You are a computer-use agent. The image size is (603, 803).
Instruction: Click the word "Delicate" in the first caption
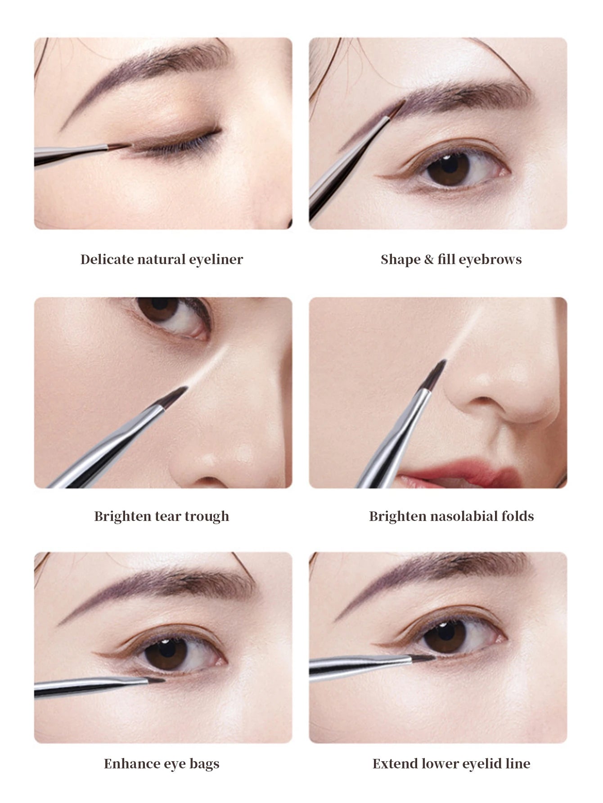pos(107,259)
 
